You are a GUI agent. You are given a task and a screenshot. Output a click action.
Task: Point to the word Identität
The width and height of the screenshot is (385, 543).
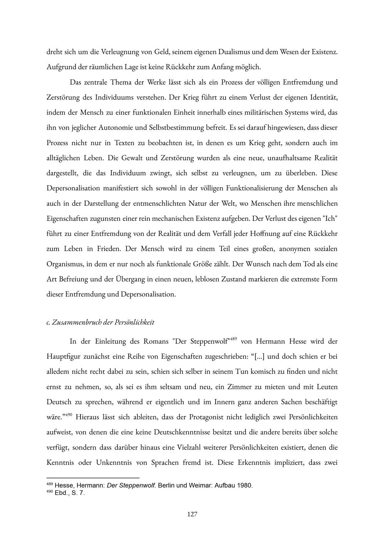[x=324, y=97]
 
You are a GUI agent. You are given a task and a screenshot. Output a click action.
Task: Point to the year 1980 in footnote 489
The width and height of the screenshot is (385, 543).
[x=244, y=485]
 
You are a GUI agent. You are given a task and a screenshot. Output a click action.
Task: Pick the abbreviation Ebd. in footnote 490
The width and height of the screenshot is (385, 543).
[x=61, y=493]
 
